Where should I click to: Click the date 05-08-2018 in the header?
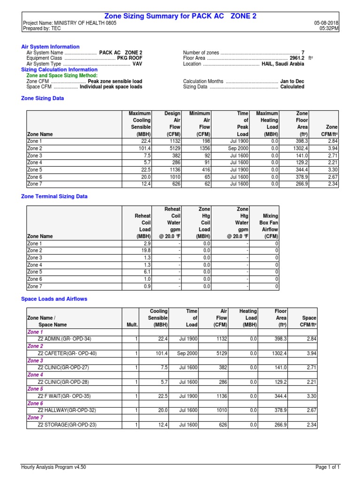(x=327, y=23)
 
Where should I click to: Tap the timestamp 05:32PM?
(x=330, y=29)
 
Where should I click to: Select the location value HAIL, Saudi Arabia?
(x=283, y=64)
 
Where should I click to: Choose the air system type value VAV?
(x=137, y=64)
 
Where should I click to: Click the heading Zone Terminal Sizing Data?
(x=55, y=196)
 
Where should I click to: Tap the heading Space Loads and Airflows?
(x=55, y=299)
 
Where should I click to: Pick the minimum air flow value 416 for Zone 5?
(x=204, y=170)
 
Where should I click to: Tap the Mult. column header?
(x=132, y=325)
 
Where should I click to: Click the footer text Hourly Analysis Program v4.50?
(x=54, y=467)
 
